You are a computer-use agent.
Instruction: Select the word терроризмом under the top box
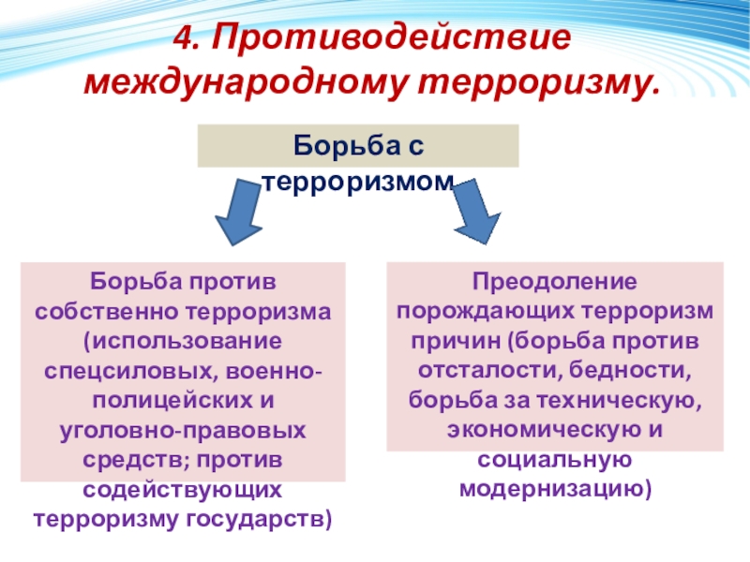click(x=357, y=180)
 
